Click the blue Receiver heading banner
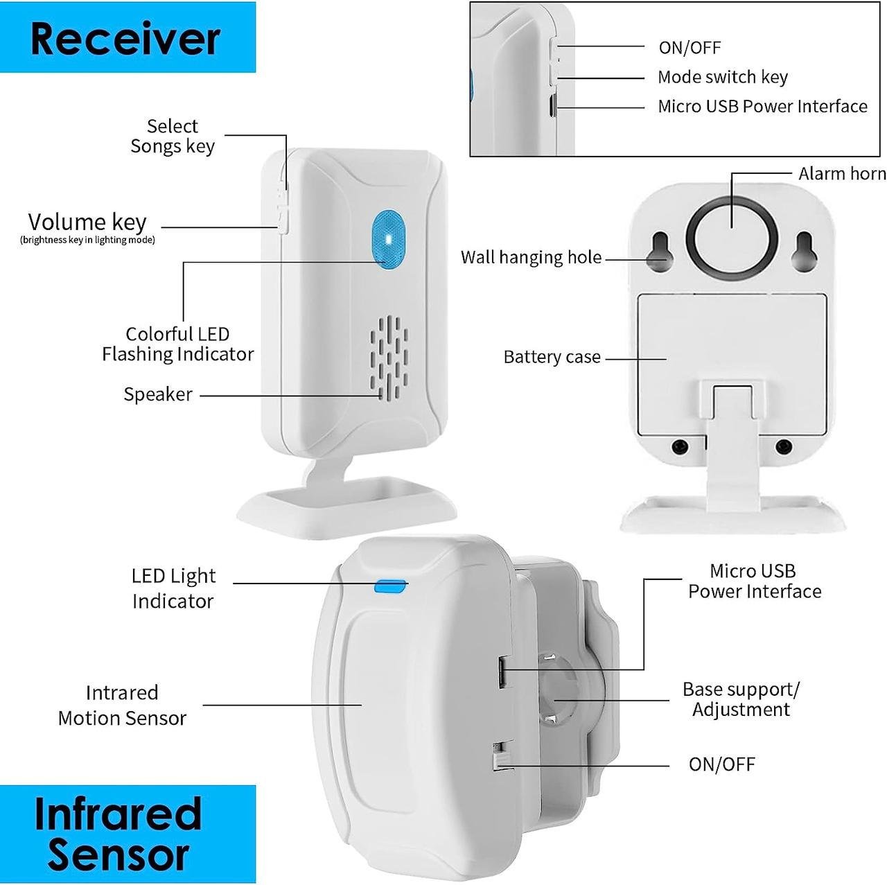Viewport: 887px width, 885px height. (128, 37)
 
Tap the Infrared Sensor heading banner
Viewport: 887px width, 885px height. (128, 834)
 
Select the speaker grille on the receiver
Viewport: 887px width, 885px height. (389, 358)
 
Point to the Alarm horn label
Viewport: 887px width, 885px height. (842, 173)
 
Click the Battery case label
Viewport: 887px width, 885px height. (552, 357)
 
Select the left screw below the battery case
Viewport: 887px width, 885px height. (680, 446)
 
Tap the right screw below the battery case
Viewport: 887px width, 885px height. (784, 446)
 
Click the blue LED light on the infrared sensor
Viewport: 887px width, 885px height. (391, 586)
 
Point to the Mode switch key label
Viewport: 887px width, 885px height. (723, 77)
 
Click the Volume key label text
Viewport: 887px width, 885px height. (87, 222)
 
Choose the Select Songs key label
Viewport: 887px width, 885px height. (173, 137)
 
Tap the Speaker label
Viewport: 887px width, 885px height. (158, 394)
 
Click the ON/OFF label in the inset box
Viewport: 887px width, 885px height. (690, 47)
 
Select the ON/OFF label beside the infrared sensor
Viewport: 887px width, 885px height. (722, 764)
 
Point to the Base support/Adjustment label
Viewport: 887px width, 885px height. (741, 699)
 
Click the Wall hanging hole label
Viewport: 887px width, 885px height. (532, 258)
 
